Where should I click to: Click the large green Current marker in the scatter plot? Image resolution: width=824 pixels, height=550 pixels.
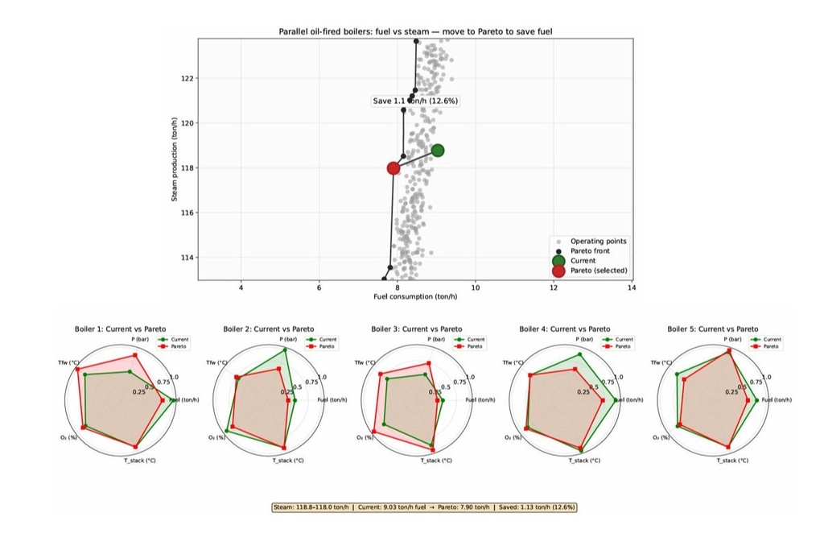[x=437, y=150]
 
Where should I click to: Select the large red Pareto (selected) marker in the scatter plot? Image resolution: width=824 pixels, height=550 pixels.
[x=393, y=168]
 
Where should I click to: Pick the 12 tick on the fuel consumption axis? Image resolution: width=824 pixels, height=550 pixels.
[x=554, y=287]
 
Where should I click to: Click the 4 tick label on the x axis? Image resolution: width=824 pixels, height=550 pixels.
[x=241, y=287]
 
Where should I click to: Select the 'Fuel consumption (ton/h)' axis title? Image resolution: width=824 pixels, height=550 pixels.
[x=415, y=297]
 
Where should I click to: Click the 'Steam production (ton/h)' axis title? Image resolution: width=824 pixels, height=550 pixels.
[x=175, y=159]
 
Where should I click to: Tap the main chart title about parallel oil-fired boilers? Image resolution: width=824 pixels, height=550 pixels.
[x=415, y=31]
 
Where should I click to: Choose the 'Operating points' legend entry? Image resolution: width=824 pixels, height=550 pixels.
[x=598, y=242]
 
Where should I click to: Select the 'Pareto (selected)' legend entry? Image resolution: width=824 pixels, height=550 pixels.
[x=599, y=271]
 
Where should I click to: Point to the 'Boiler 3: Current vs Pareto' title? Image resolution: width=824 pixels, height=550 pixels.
[x=416, y=329]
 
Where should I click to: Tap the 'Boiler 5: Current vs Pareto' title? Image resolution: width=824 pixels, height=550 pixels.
[x=712, y=329]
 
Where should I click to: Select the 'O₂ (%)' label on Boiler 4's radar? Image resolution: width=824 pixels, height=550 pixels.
[x=513, y=438]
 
